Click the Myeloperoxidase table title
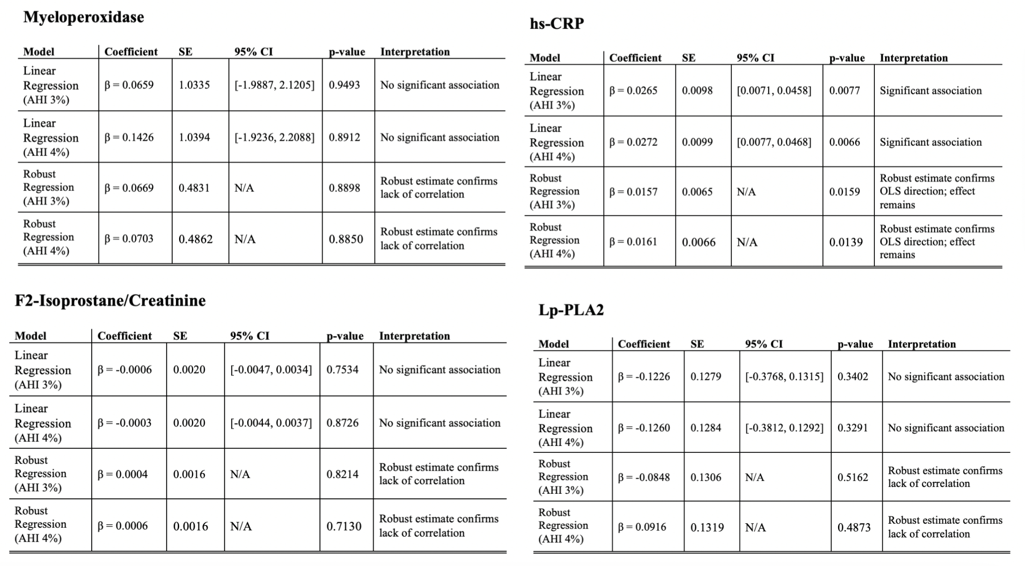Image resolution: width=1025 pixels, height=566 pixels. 83,17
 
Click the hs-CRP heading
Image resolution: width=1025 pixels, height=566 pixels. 557,23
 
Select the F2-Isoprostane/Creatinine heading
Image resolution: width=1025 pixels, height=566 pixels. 110,301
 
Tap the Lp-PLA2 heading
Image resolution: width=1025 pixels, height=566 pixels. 571,310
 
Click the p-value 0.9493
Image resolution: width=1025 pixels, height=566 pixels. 344,85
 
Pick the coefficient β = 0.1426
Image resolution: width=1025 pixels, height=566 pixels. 129,138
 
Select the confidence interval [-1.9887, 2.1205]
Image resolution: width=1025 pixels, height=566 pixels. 274,85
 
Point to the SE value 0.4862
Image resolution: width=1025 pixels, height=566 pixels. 196,239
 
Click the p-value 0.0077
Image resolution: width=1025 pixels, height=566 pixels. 844,91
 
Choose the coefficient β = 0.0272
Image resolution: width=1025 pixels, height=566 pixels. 633,142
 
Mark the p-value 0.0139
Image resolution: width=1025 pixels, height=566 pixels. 846,242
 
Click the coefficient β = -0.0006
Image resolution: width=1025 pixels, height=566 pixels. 124,370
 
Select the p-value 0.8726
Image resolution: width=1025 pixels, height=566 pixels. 342,423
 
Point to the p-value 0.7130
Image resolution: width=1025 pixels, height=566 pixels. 344,526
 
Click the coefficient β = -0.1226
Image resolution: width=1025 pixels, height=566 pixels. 644,377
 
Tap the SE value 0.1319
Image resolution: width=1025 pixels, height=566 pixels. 707,527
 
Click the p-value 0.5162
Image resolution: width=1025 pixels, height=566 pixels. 853,478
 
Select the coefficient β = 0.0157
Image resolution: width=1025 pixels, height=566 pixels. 633,192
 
